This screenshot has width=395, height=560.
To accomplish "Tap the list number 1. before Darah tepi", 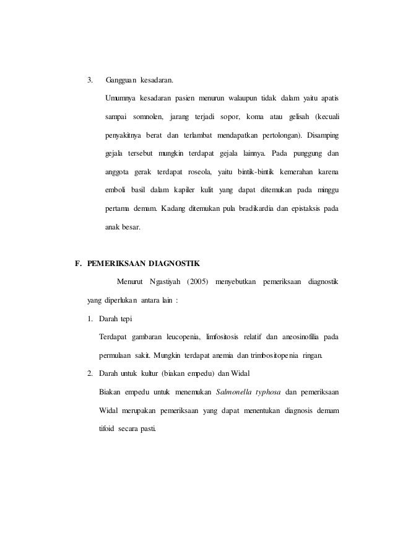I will (x=90, y=319).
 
